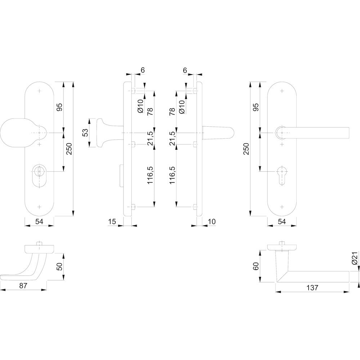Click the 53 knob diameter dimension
pos(85,133)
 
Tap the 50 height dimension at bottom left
pos(60,267)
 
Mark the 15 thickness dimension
pos(112,222)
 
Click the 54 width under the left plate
pos(39,222)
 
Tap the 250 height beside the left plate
pos(69,149)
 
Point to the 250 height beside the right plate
pos(246,149)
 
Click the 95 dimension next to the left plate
pos(60,107)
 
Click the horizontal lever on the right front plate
pos(317,133)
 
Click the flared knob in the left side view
pos(103,133)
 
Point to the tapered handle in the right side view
pos(218,133)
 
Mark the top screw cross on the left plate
pos(39,91)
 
